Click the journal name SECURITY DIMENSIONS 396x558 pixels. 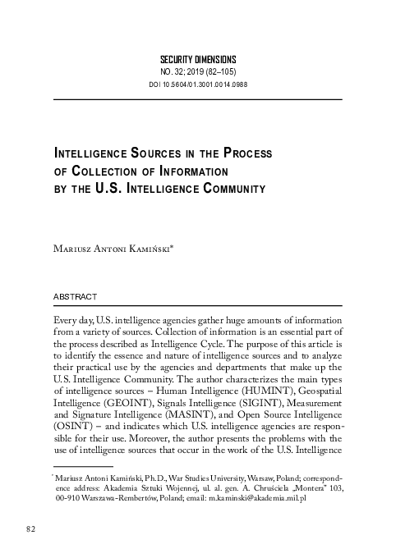197,60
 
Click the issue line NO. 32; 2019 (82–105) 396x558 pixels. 197,72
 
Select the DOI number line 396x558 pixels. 197,85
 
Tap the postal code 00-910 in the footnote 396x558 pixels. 71,497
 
